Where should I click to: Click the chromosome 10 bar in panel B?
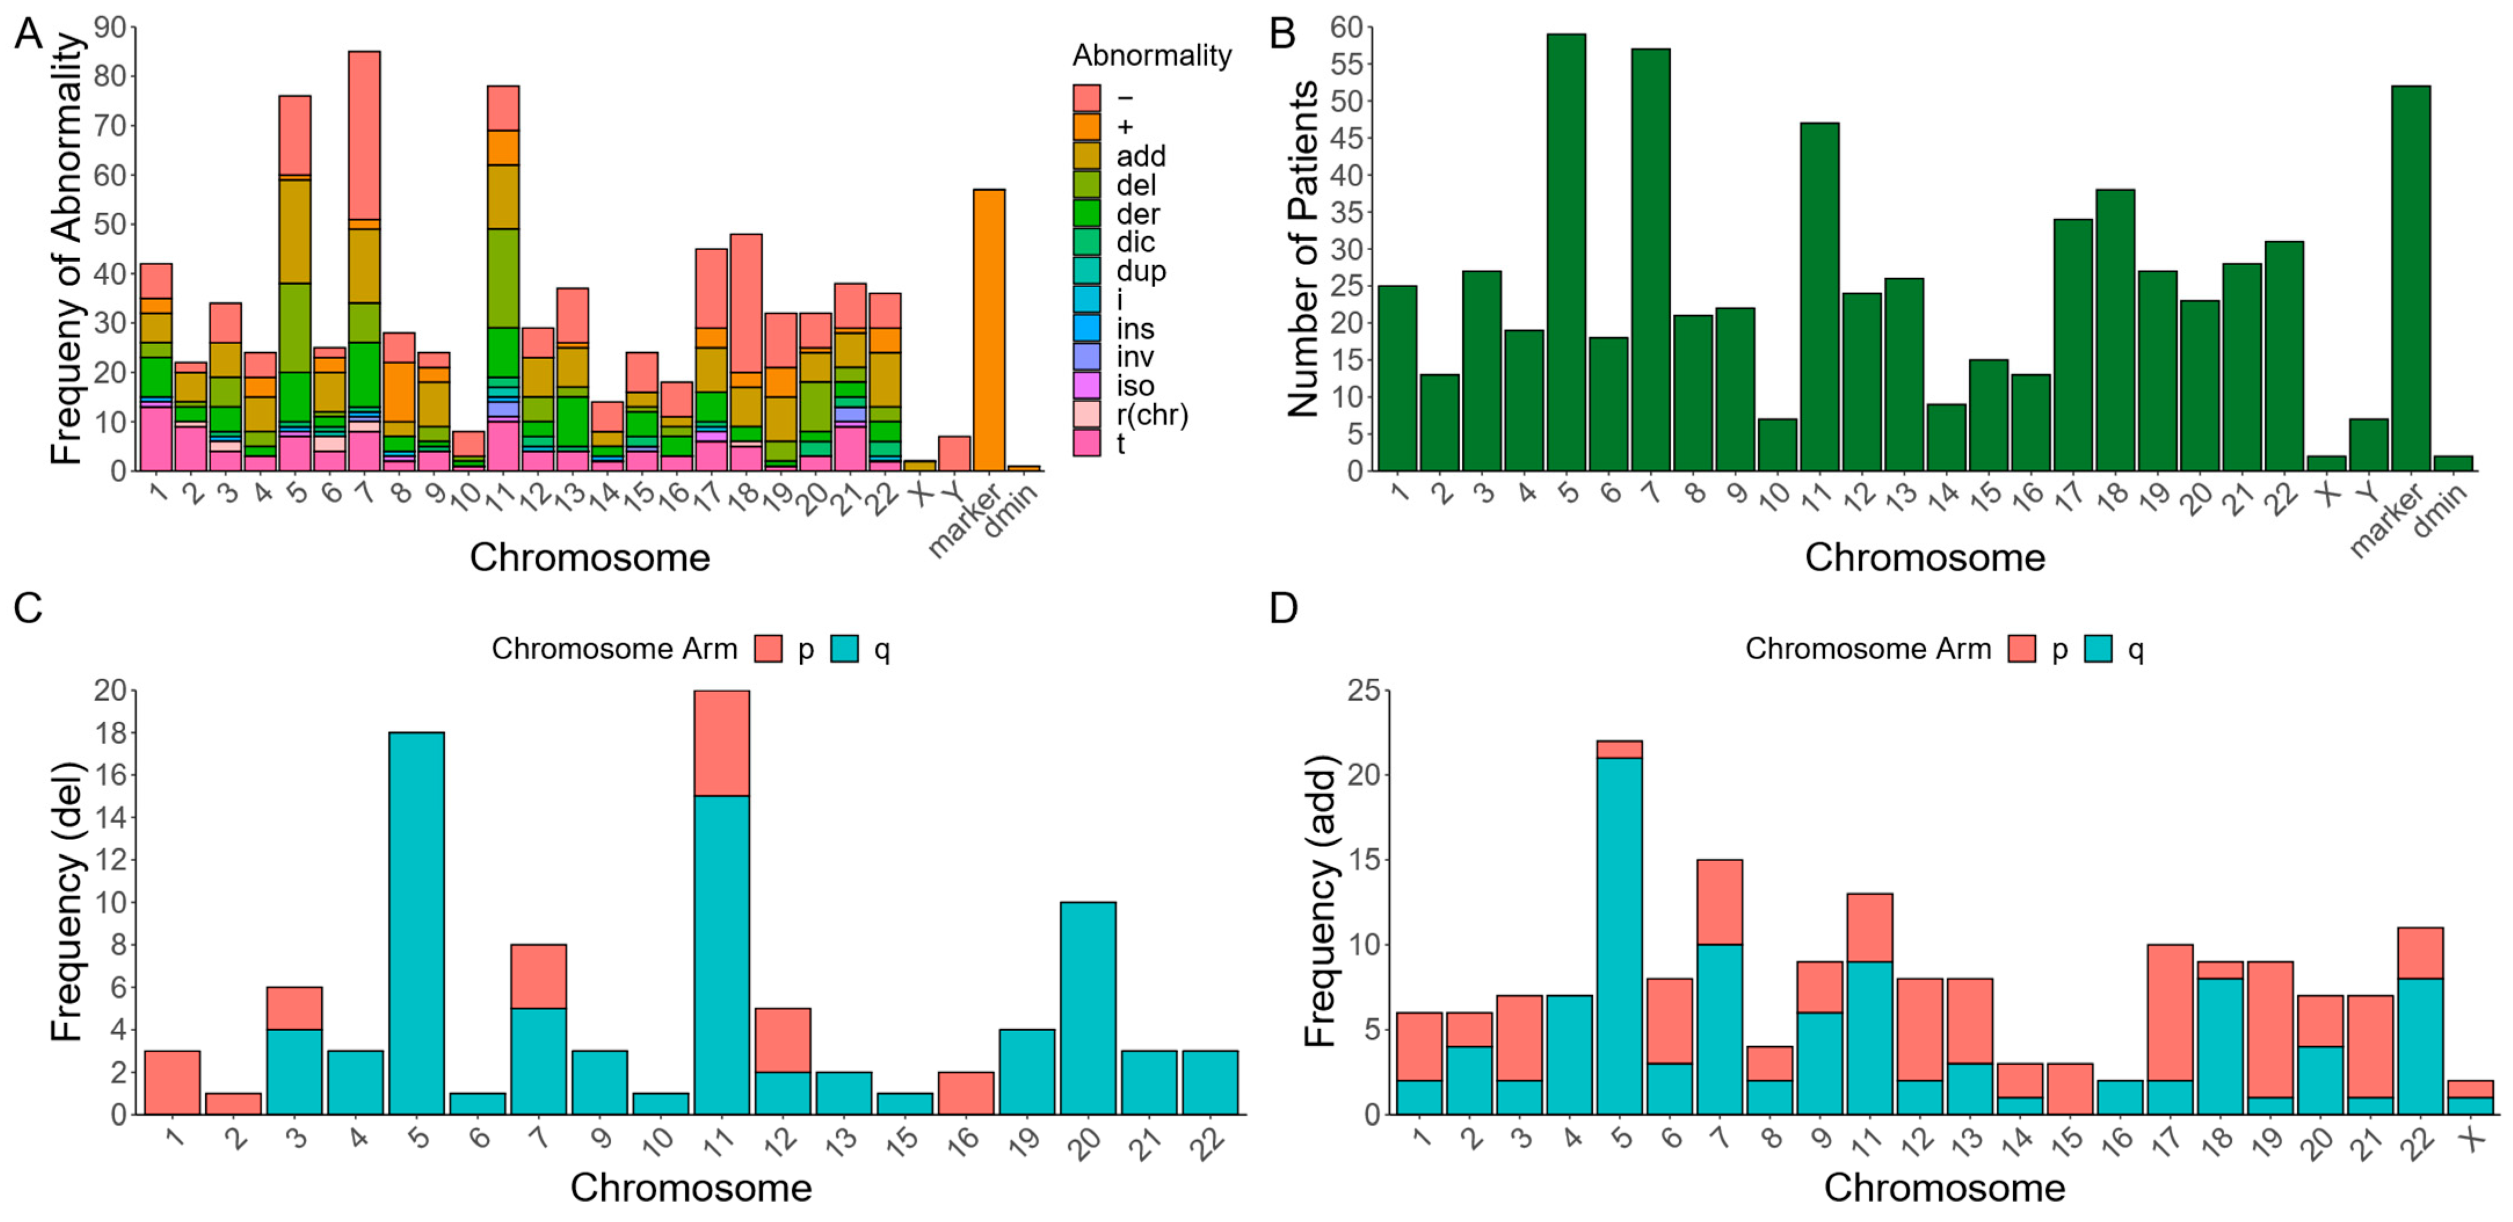point(1777,444)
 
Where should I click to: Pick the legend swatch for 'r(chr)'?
point(1086,415)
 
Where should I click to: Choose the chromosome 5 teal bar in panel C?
point(416,923)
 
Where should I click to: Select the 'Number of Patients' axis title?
point(1302,249)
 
